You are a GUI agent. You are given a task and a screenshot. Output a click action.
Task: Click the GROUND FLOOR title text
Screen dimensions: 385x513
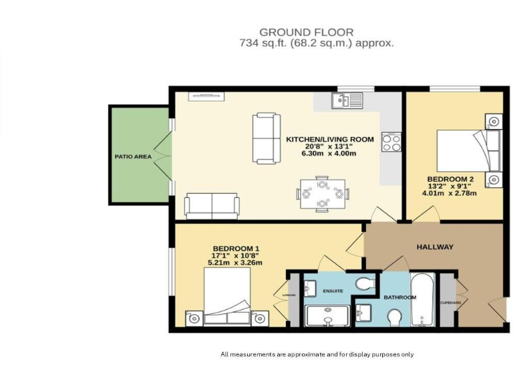(307, 32)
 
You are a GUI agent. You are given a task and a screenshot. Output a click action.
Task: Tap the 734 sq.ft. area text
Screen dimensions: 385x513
(317, 43)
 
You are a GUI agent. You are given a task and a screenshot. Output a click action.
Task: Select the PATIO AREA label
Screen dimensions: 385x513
(133, 157)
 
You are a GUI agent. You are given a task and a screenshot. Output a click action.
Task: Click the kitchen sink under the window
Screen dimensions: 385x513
(347, 101)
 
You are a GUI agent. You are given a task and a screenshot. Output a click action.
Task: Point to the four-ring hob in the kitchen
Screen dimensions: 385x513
(391, 142)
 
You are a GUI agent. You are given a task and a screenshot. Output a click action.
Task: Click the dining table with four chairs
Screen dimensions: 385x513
(323, 193)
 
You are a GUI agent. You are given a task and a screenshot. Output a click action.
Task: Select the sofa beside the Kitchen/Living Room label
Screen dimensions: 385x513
(267, 139)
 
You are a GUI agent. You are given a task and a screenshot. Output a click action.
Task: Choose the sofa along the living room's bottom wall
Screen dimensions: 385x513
(212, 206)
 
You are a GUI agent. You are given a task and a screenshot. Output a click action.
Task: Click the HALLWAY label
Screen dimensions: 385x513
(435, 247)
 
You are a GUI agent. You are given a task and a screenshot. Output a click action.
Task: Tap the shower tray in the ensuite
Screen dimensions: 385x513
(327, 317)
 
